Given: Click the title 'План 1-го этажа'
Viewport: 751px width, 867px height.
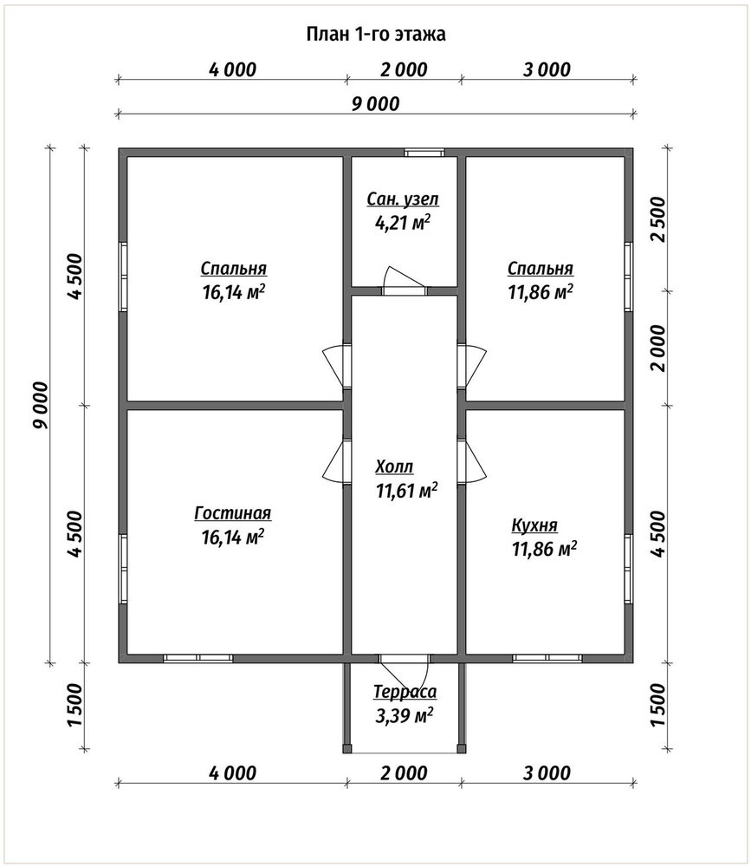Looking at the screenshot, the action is (x=376, y=35).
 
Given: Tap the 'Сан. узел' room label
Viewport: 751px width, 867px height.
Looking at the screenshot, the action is (x=403, y=199).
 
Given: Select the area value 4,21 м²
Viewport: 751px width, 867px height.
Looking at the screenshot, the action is (x=403, y=223).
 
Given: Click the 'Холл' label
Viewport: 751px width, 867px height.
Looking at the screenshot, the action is (x=394, y=466).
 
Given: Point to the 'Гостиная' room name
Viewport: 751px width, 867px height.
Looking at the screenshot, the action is (x=233, y=513).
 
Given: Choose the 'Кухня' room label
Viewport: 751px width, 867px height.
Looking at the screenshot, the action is (x=534, y=525).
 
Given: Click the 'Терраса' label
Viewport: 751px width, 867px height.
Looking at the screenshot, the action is (x=405, y=692).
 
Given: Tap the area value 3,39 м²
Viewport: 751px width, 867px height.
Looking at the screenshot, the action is (x=404, y=716).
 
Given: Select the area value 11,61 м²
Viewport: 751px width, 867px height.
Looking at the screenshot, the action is (x=407, y=491).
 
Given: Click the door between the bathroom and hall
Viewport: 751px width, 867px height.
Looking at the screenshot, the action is (x=404, y=281).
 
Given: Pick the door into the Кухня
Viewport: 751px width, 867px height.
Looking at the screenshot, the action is (x=471, y=461).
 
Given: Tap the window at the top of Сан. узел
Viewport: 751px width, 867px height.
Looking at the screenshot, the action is (x=424, y=153).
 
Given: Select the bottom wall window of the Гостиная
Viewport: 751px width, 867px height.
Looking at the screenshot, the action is (x=197, y=659).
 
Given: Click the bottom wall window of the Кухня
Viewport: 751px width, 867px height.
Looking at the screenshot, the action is (x=547, y=659).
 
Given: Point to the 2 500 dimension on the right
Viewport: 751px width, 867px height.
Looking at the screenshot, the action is (x=659, y=219).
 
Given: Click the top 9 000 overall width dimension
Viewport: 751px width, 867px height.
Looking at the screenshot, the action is (x=376, y=104).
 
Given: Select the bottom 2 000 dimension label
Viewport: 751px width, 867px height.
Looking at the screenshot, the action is (x=404, y=773).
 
